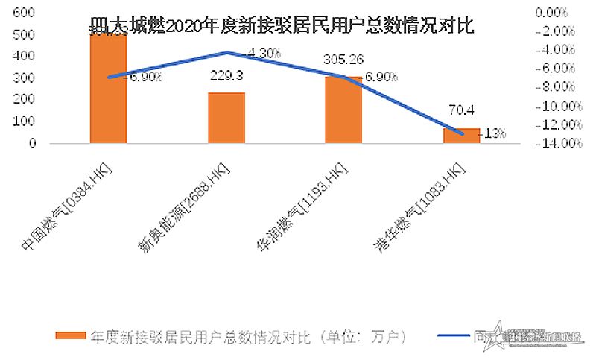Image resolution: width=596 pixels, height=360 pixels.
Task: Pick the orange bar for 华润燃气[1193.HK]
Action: pos(343,110)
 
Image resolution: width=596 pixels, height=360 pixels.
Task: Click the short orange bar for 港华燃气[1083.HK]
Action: pos(461,135)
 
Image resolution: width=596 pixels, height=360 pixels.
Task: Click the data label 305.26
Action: pos(343,60)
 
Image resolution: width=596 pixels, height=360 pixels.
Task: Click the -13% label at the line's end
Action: pos(493,133)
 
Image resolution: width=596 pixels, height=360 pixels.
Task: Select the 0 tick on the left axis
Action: pos(33,143)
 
